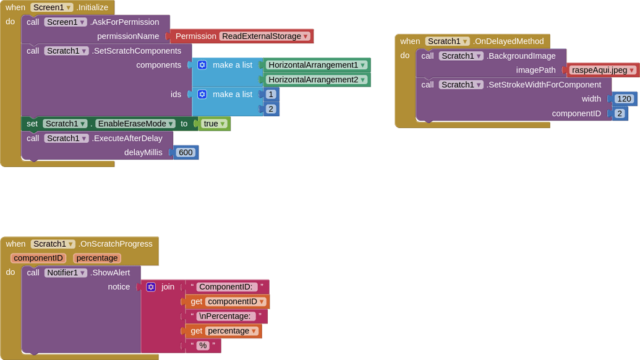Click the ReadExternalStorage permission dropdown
[x=265, y=36]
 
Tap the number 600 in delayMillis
[x=185, y=152]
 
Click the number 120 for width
[x=624, y=98]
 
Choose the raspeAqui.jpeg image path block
[x=603, y=70]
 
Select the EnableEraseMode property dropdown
[x=135, y=124]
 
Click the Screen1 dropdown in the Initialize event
[x=51, y=7]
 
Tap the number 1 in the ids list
[x=270, y=95]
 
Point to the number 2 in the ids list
[x=270, y=109]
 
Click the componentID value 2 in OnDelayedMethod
[x=619, y=113]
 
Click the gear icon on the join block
[x=151, y=287]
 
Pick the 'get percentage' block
[x=223, y=331]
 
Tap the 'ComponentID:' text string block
[x=227, y=286]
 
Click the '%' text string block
[x=202, y=346]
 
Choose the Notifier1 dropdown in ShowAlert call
[x=66, y=273]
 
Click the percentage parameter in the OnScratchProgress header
[x=97, y=258]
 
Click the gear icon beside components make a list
[x=202, y=65]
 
